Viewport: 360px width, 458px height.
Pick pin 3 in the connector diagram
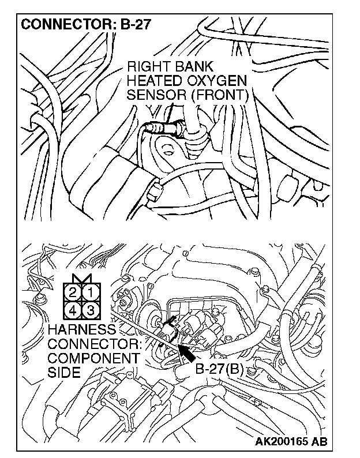(89, 311)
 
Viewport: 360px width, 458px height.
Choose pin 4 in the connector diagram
(72, 311)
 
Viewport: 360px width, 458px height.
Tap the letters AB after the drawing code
(320, 442)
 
